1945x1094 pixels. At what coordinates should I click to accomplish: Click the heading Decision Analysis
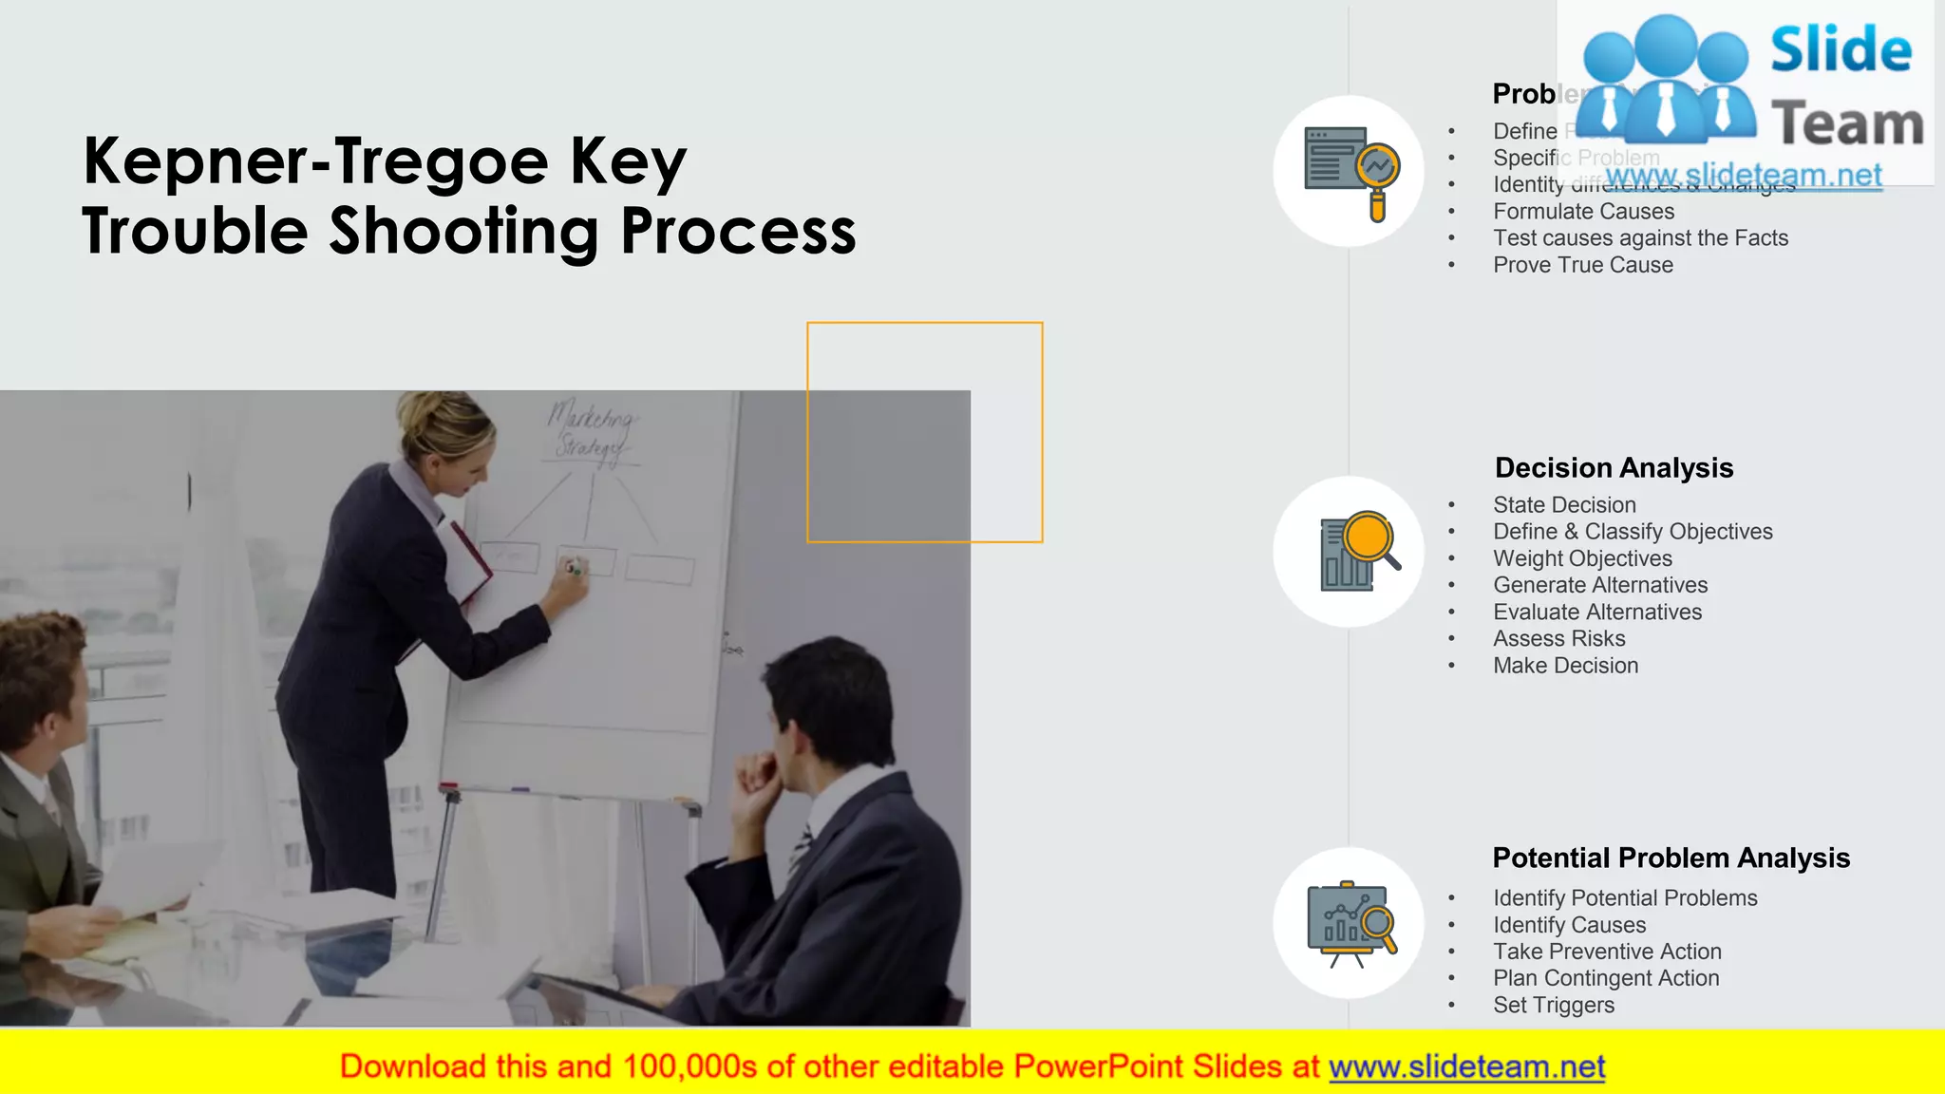[x=1614, y=468]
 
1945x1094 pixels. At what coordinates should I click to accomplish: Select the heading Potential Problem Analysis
[x=1671, y=858]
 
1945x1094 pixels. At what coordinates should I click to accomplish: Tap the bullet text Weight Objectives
[x=1582, y=558]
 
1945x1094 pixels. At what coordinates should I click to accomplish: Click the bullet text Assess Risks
[x=1558, y=639]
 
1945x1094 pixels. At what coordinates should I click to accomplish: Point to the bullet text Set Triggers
[x=1553, y=1005]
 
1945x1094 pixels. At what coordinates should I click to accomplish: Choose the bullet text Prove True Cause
[x=1582, y=265]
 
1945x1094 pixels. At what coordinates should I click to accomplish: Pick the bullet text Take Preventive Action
[x=1606, y=952]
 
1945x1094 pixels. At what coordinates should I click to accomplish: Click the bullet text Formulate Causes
[x=1583, y=212]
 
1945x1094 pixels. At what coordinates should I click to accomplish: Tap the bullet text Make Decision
[x=1565, y=666]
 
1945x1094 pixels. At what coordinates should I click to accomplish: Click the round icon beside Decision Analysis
[x=1349, y=552]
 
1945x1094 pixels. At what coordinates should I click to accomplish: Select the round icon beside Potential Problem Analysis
[x=1349, y=923]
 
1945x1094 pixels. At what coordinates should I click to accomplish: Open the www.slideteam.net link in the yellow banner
[x=1466, y=1067]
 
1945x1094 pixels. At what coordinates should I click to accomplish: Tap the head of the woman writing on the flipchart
[x=446, y=432]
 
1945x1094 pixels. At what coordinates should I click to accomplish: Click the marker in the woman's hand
[x=574, y=568]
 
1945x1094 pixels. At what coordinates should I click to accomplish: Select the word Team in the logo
[x=1847, y=124]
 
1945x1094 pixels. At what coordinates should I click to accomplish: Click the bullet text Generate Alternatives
[x=1600, y=586]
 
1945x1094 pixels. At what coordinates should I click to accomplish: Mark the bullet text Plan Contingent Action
[x=1606, y=978]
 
